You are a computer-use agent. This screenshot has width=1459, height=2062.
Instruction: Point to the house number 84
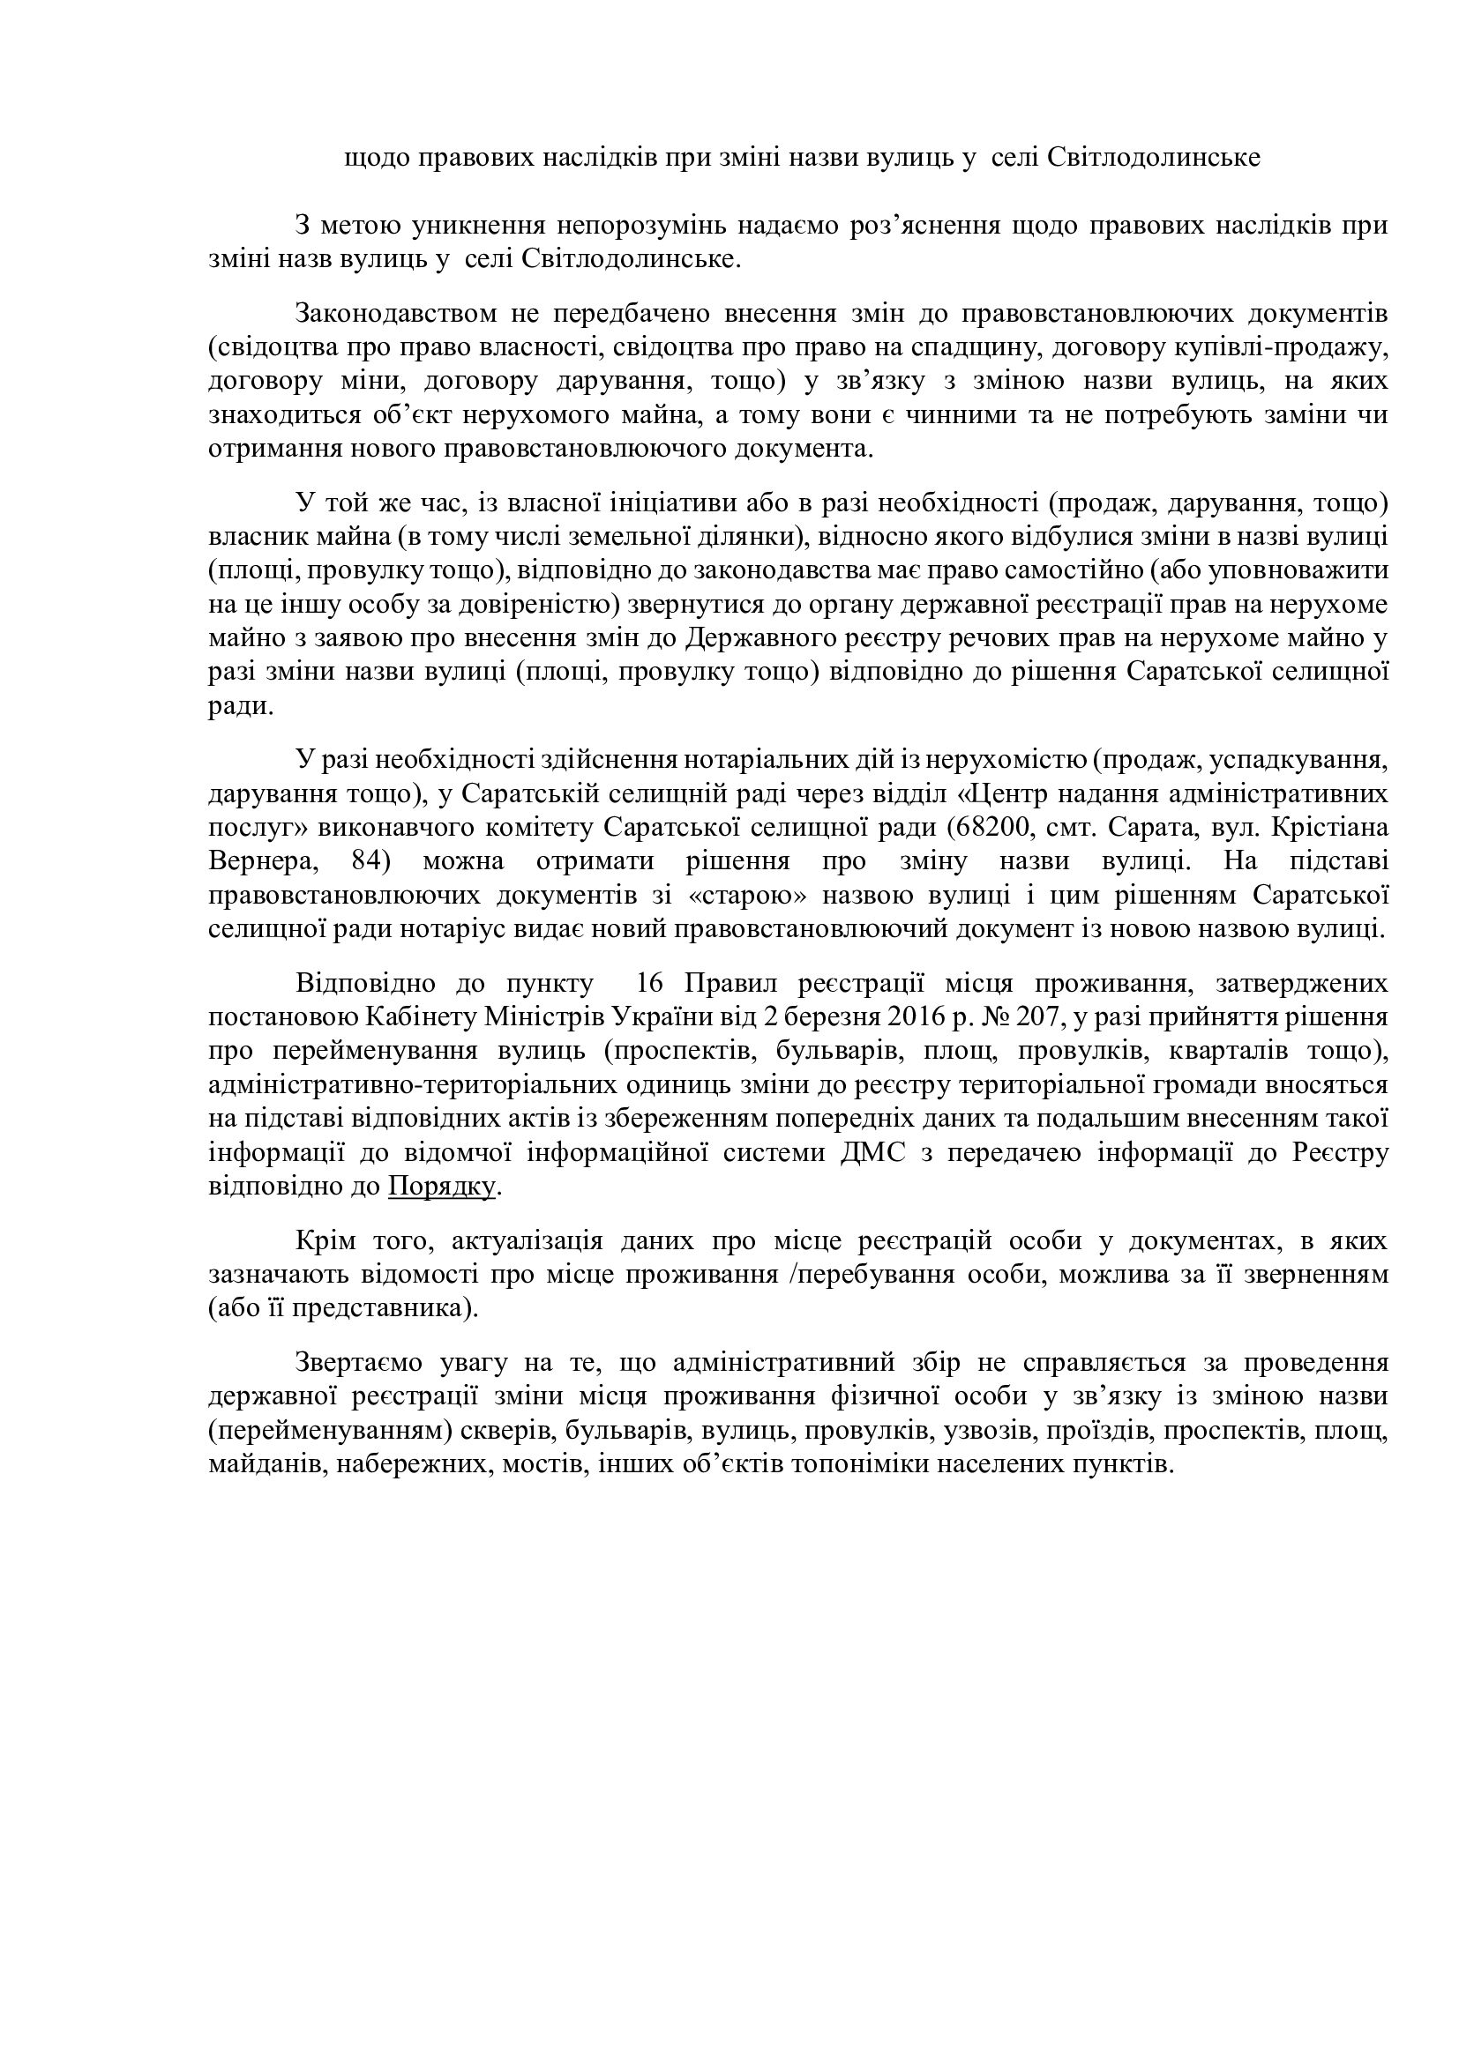click(x=360, y=861)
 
